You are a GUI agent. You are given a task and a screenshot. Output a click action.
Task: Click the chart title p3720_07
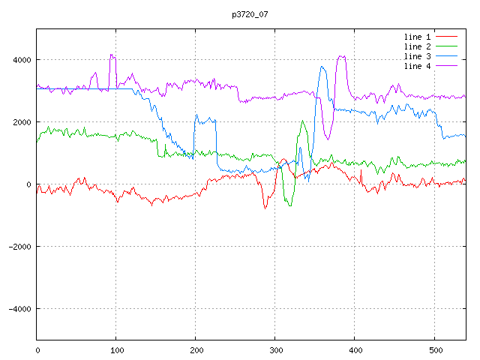point(250,14)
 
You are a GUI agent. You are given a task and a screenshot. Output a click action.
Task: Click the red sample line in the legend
point(447,37)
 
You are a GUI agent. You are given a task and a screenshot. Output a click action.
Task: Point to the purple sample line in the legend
point(447,66)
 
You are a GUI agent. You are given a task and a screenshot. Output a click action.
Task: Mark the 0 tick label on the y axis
point(28,184)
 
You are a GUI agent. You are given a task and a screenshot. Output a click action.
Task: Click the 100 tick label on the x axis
point(116,349)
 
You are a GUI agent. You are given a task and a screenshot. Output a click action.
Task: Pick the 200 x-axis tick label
point(196,349)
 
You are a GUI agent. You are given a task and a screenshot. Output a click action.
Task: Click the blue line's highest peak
point(322,66)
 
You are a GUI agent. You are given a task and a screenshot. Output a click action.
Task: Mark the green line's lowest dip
point(289,205)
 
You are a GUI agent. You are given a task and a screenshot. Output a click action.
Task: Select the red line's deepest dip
point(265,208)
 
